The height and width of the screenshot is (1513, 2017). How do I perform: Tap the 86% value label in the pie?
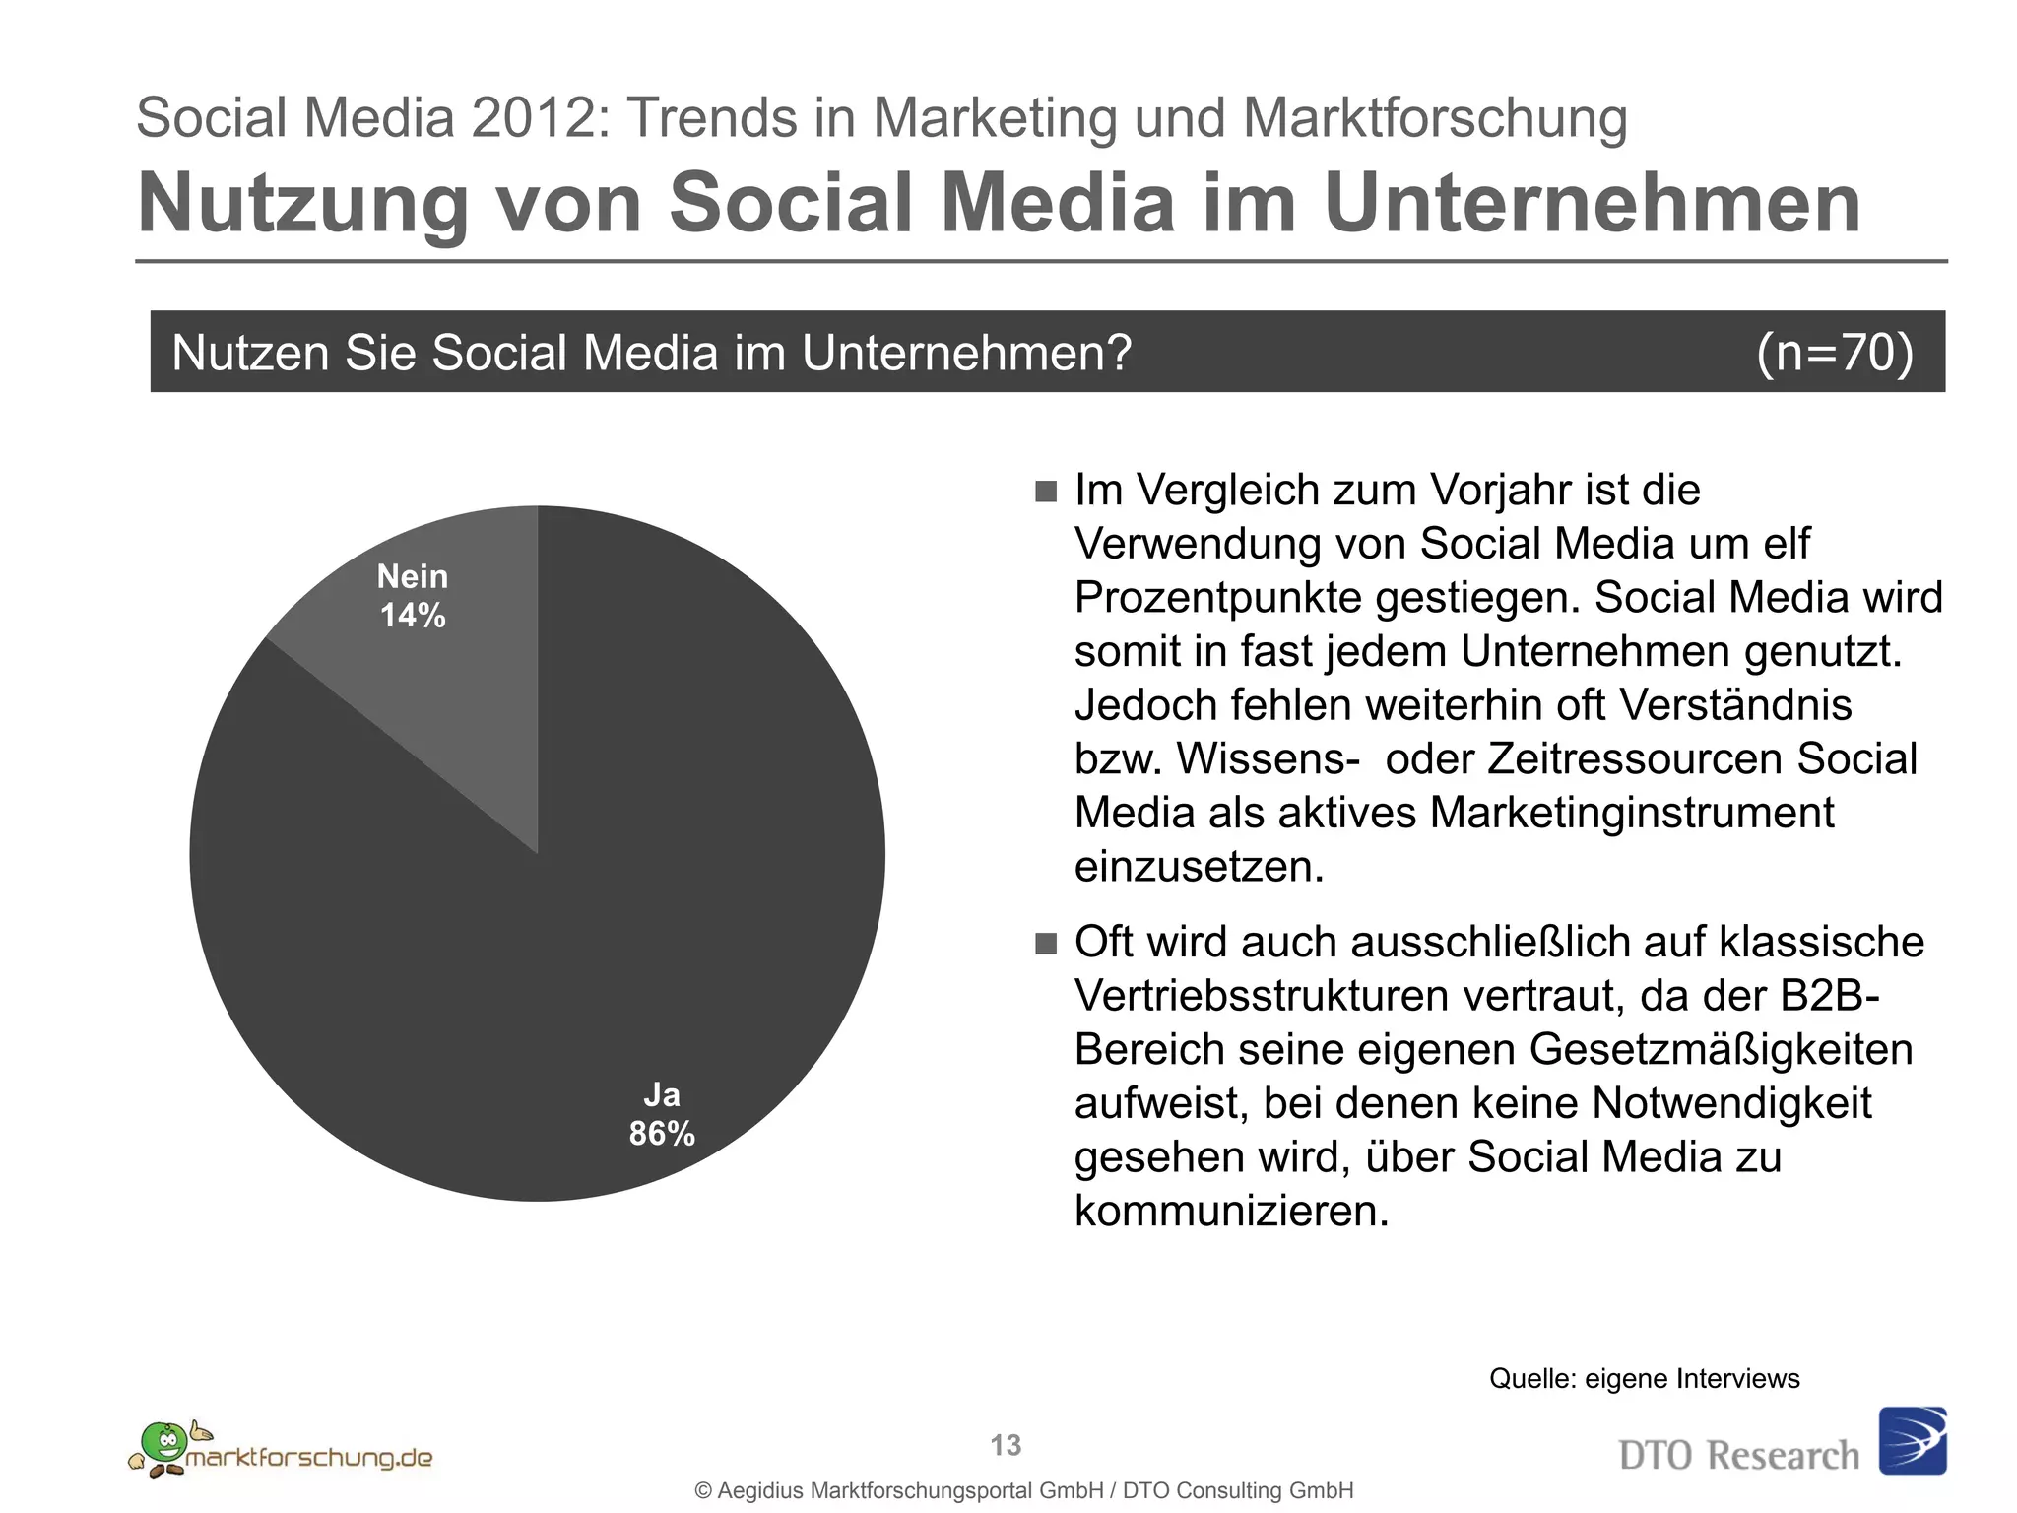(x=662, y=1135)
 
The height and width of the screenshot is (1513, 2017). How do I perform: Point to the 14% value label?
(x=413, y=617)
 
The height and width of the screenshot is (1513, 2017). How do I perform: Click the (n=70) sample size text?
(x=1835, y=353)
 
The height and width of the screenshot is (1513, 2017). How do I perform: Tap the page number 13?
(x=1006, y=1445)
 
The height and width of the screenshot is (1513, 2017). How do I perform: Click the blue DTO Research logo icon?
(x=1913, y=1440)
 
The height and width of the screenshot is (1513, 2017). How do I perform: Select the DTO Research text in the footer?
(x=1738, y=1456)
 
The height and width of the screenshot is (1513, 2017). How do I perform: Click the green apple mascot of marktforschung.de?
(x=162, y=1442)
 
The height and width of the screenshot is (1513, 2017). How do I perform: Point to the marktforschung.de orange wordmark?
(x=309, y=1458)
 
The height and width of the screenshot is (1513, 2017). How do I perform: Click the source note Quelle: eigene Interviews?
(x=1644, y=1379)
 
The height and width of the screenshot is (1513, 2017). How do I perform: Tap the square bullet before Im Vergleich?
(x=1046, y=492)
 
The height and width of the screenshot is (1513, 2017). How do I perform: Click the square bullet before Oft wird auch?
(x=1046, y=944)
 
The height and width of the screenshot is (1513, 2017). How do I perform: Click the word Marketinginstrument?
(x=1631, y=814)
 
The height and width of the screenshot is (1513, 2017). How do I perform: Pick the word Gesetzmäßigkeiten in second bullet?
(x=1721, y=1050)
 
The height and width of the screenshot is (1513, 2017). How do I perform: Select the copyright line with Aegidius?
(x=1024, y=1491)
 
